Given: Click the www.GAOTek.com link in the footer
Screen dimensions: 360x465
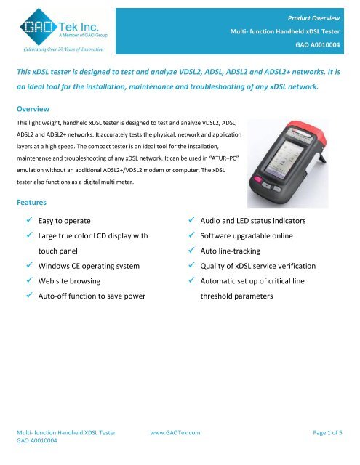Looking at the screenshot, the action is point(175,431).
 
